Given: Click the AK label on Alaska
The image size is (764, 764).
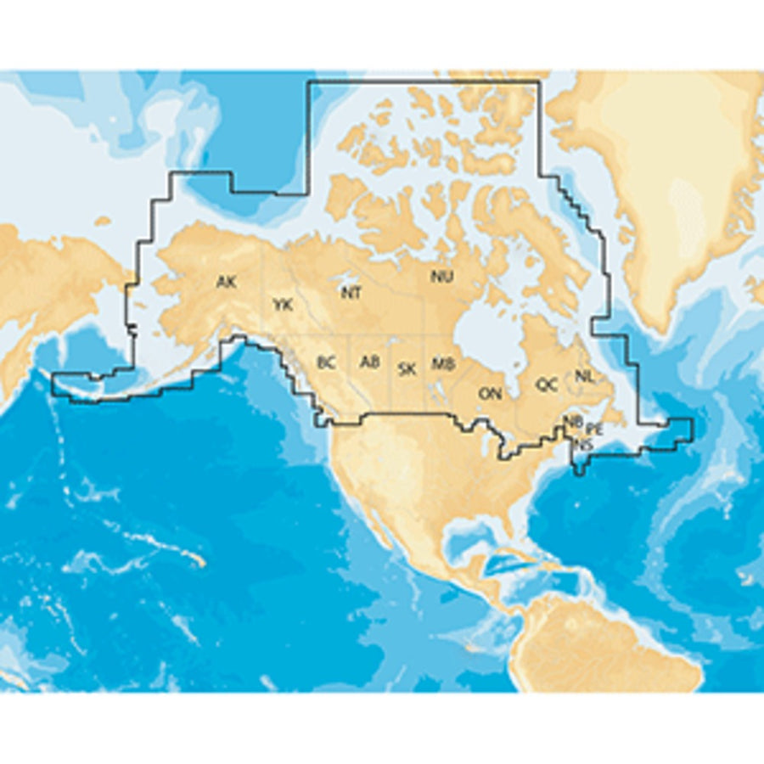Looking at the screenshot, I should [226, 282].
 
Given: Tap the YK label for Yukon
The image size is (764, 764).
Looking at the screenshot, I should [283, 304].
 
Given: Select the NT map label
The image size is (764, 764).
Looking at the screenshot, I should [351, 293].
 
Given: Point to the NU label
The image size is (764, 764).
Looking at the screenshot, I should [441, 276].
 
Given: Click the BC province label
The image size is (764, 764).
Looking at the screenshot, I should [326, 362].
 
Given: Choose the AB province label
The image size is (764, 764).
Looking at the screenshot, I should [369, 362].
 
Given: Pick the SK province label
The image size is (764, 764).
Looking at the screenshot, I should [407, 368].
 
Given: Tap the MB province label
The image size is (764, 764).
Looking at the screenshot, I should [442, 364].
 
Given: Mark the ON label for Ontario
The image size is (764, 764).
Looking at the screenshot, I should [490, 393].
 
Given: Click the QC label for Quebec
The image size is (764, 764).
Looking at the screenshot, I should [547, 385].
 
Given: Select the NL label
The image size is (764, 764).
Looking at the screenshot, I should [584, 375].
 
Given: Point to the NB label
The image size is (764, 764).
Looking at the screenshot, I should [574, 421].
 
